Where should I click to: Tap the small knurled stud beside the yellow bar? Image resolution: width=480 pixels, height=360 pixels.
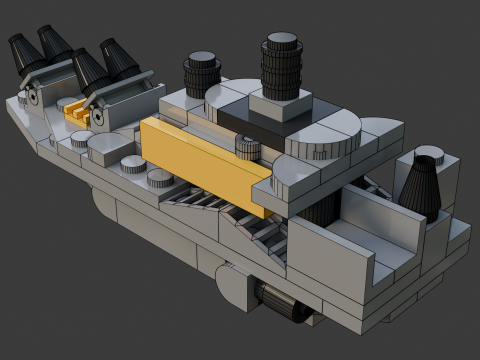point(246,149)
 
